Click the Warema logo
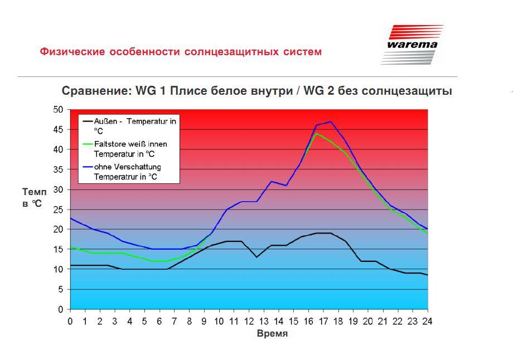412,45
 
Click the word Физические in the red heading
72,52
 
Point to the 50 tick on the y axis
58,110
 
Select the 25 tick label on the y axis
58,210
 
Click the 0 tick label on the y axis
61,309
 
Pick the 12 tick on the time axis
249,322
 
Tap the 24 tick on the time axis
427,322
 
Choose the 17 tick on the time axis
323,322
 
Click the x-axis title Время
272,333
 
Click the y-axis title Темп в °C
35,197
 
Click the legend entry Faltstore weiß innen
125,149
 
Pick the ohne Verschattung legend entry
122,172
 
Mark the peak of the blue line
331,121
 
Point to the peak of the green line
316,133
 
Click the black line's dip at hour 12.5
256,257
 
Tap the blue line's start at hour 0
71,218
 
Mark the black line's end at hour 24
427,275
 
